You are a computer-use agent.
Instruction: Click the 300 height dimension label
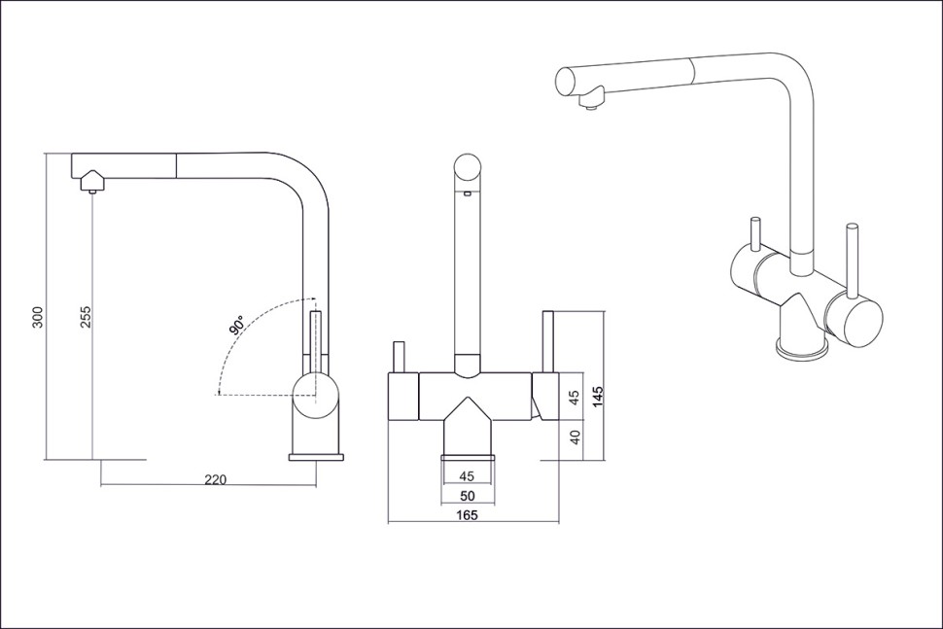coord(38,317)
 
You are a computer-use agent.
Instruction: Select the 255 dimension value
coord(86,317)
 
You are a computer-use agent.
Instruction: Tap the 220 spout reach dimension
coord(215,479)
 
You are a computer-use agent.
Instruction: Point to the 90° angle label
coord(236,325)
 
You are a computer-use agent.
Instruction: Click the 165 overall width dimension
coord(467,514)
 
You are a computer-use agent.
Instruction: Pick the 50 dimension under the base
coord(467,496)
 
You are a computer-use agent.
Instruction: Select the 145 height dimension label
coord(598,397)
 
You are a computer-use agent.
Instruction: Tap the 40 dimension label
coord(575,437)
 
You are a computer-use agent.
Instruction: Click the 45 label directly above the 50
coord(467,475)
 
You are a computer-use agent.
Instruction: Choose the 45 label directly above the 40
coord(575,397)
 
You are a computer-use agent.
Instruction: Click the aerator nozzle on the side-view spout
coord(92,192)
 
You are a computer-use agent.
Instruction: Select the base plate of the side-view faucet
coord(316,457)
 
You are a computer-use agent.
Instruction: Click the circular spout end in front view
coord(467,168)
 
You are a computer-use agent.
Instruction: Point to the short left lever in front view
coord(399,357)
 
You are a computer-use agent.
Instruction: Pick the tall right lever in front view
coord(548,341)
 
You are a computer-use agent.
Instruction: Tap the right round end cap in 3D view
coord(854,317)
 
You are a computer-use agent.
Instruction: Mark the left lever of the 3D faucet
coord(753,233)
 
